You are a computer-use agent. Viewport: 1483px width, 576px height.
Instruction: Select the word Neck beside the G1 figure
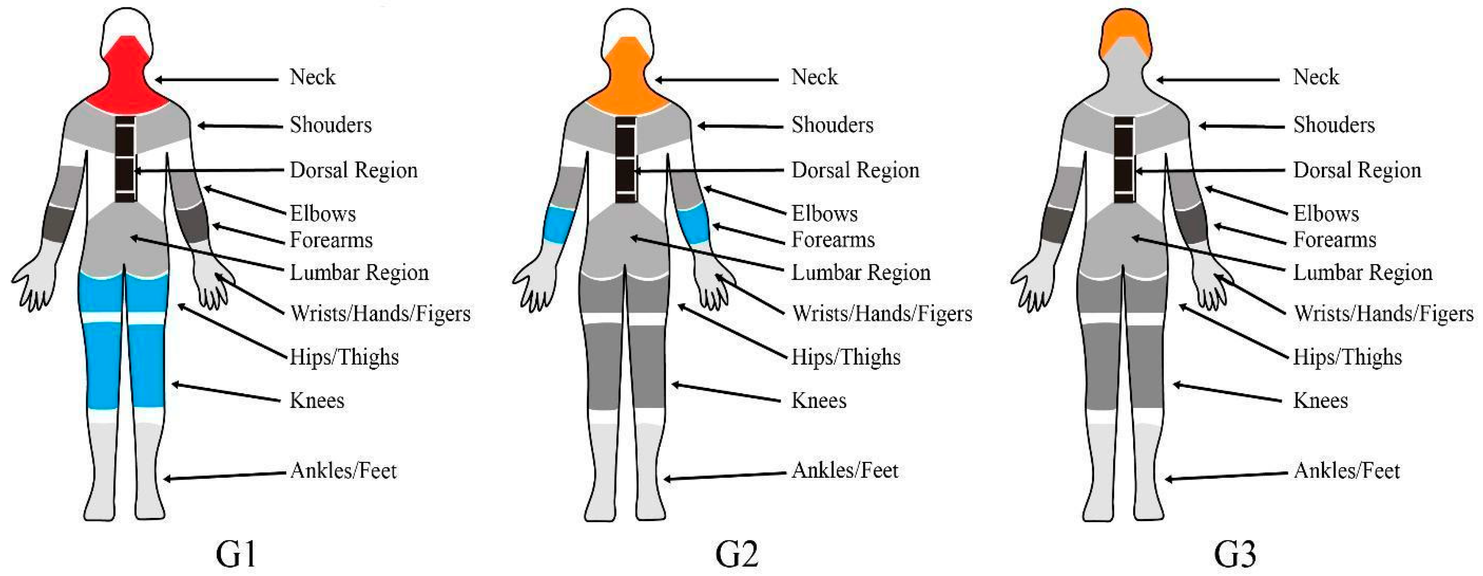pyautogui.click(x=312, y=77)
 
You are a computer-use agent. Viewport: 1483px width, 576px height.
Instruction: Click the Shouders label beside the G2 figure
pyautogui.click(x=832, y=124)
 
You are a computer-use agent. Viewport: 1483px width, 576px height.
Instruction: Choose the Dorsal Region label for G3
pyautogui.click(x=1357, y=170)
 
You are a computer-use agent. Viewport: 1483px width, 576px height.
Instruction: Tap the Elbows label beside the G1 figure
pyautogui.click(x=322, y=214)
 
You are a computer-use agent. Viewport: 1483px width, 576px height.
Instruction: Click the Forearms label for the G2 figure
pyautogui.click(x=833, y=240)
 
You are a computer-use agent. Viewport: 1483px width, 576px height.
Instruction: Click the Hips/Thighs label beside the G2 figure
pyautogui.click(x=846, y=357)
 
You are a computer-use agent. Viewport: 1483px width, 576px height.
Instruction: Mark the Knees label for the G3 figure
pyautogui.click(x=1320, y=400)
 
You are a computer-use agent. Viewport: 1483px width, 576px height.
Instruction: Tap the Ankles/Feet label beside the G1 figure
pyautogui.click(x=343, y=471)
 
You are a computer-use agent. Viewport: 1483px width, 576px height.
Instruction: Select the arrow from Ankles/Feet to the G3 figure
pyautogui.click(x=1226, y=476)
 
